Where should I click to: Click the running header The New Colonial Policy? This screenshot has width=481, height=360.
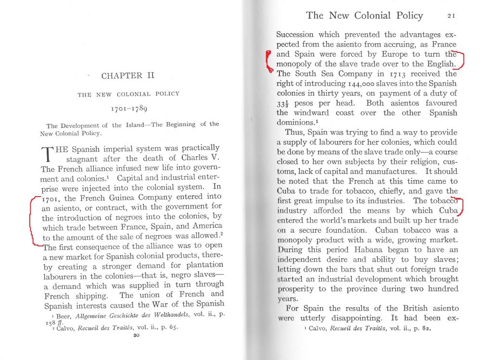[364, 15]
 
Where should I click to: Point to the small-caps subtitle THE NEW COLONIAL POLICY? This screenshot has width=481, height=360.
[128, 94]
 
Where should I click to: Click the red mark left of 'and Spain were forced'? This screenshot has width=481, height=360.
[269, 62]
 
